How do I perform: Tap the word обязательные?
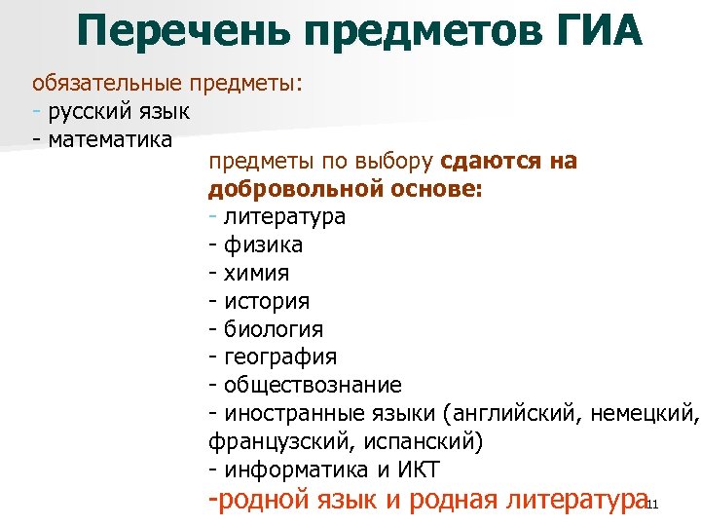[x=108, y=83]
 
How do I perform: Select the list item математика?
[x=110, y=138]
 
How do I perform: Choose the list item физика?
[x=263, y=244]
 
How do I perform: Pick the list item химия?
[x=257, y=273]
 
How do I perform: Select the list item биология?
[x=274, y=329]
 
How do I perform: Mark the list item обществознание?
[x=313, y=386]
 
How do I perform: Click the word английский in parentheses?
[x=511, y=413]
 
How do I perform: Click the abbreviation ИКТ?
[x=416, y=470]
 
